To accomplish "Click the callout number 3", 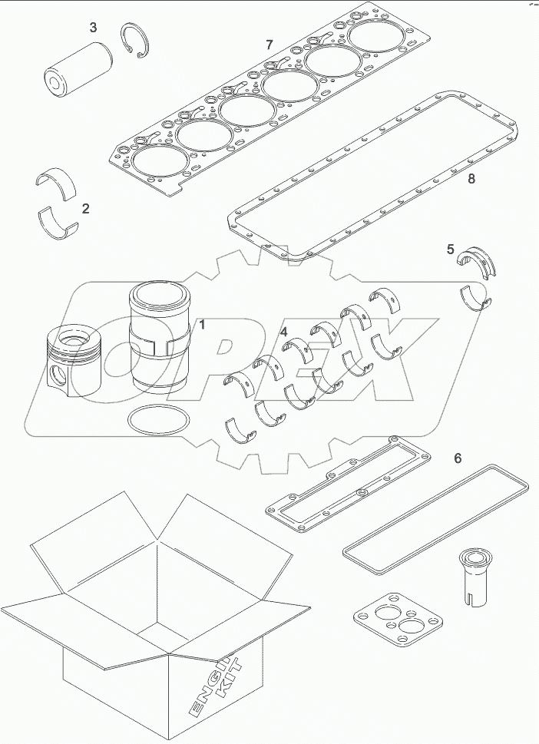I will click(93, 28).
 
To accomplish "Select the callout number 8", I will click(471, 180).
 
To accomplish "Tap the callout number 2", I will click(86, 208).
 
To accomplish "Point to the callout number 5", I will click(451, 249).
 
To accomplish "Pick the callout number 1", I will click(203, 325).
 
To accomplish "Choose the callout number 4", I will click(284, 332).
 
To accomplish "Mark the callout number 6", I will click(458, 458).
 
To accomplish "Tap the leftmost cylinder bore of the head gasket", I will click(154, 162).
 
